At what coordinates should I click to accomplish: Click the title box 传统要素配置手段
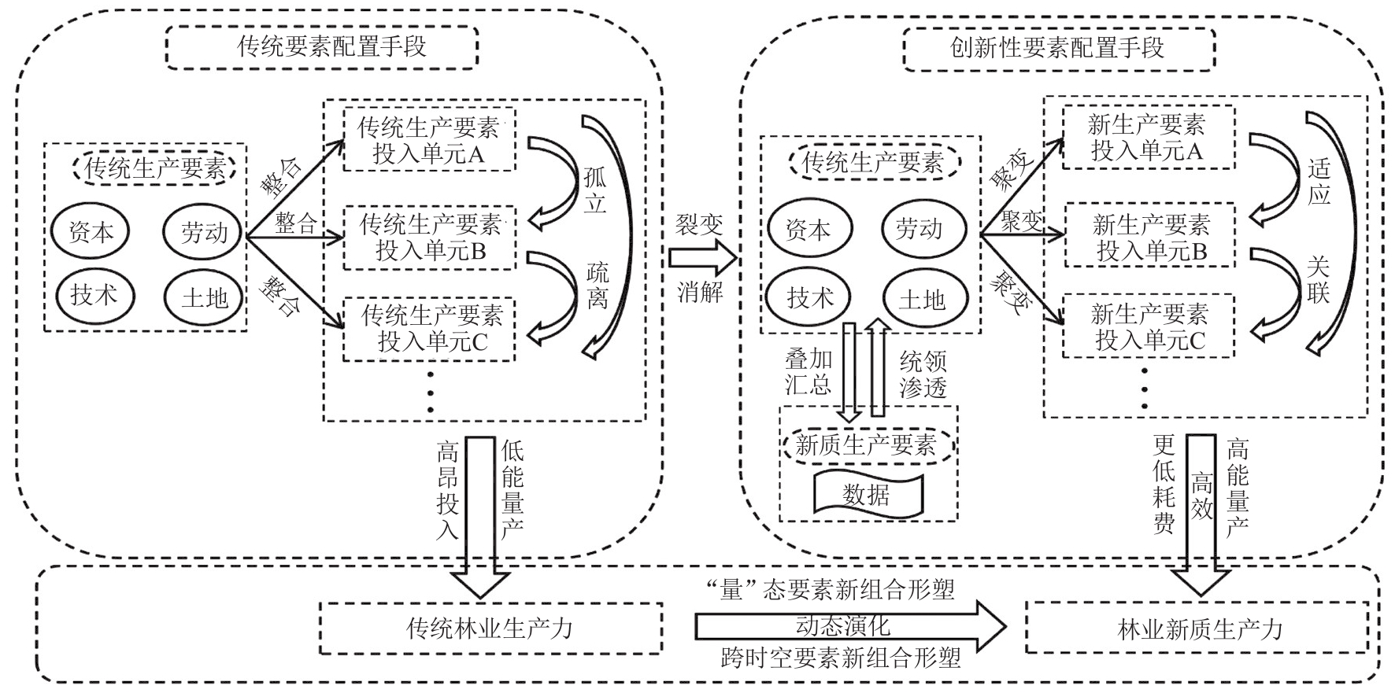point(322,47)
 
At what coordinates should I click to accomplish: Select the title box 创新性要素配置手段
point(1059,49)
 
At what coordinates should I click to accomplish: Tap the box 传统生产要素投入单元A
point(429,141)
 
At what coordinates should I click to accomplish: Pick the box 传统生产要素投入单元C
point(429,329)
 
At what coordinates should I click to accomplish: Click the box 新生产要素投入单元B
point(1150,238)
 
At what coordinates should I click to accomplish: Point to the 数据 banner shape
point(867,495)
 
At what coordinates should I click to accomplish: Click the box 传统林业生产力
point(490,628)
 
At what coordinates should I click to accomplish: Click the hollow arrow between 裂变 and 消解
point(701,258)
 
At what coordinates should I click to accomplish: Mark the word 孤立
point(595,190)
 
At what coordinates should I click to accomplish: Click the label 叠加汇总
point(809,372)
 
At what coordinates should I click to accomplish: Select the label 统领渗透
point(923,374)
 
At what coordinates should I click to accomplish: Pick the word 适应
point(1319,182)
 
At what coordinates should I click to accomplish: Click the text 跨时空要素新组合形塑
point(840,658)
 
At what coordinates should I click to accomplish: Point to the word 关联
point(1319,281)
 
